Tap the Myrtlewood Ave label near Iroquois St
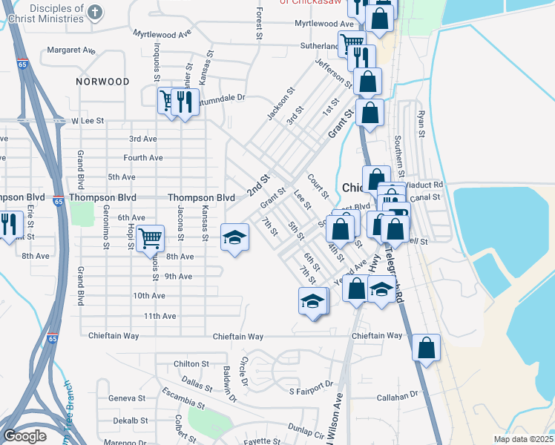tap(162, 34)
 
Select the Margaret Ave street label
tap(71, 50)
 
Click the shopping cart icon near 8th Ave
tap(150, 238)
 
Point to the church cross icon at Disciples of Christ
tap(94, 12)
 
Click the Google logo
tap(24, 436)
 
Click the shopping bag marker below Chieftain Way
tap(426, 348)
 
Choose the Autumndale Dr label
tap(219, 97)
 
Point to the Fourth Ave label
tap(143, 158)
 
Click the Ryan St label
tap(421, 125)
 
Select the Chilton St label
tap(191, 364)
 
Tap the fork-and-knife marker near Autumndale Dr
tap(185, 101)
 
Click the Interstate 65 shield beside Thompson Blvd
tap(58, 200)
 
